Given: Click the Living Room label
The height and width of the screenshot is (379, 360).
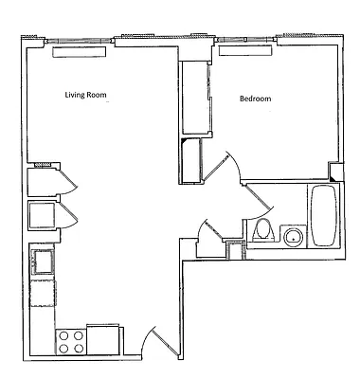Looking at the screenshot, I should point(85,95).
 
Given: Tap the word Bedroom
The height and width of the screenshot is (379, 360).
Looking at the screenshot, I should point(256,99).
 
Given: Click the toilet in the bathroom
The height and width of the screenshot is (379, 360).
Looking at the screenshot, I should point(262,230).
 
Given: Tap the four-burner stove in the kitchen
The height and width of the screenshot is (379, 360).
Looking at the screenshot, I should point(71,341).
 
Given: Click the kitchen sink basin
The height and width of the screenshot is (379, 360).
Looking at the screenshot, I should point(42,259).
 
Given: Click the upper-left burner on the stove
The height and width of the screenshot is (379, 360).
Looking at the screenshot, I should point(63,334).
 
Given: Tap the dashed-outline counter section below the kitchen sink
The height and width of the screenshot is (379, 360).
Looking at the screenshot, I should point(43,292).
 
